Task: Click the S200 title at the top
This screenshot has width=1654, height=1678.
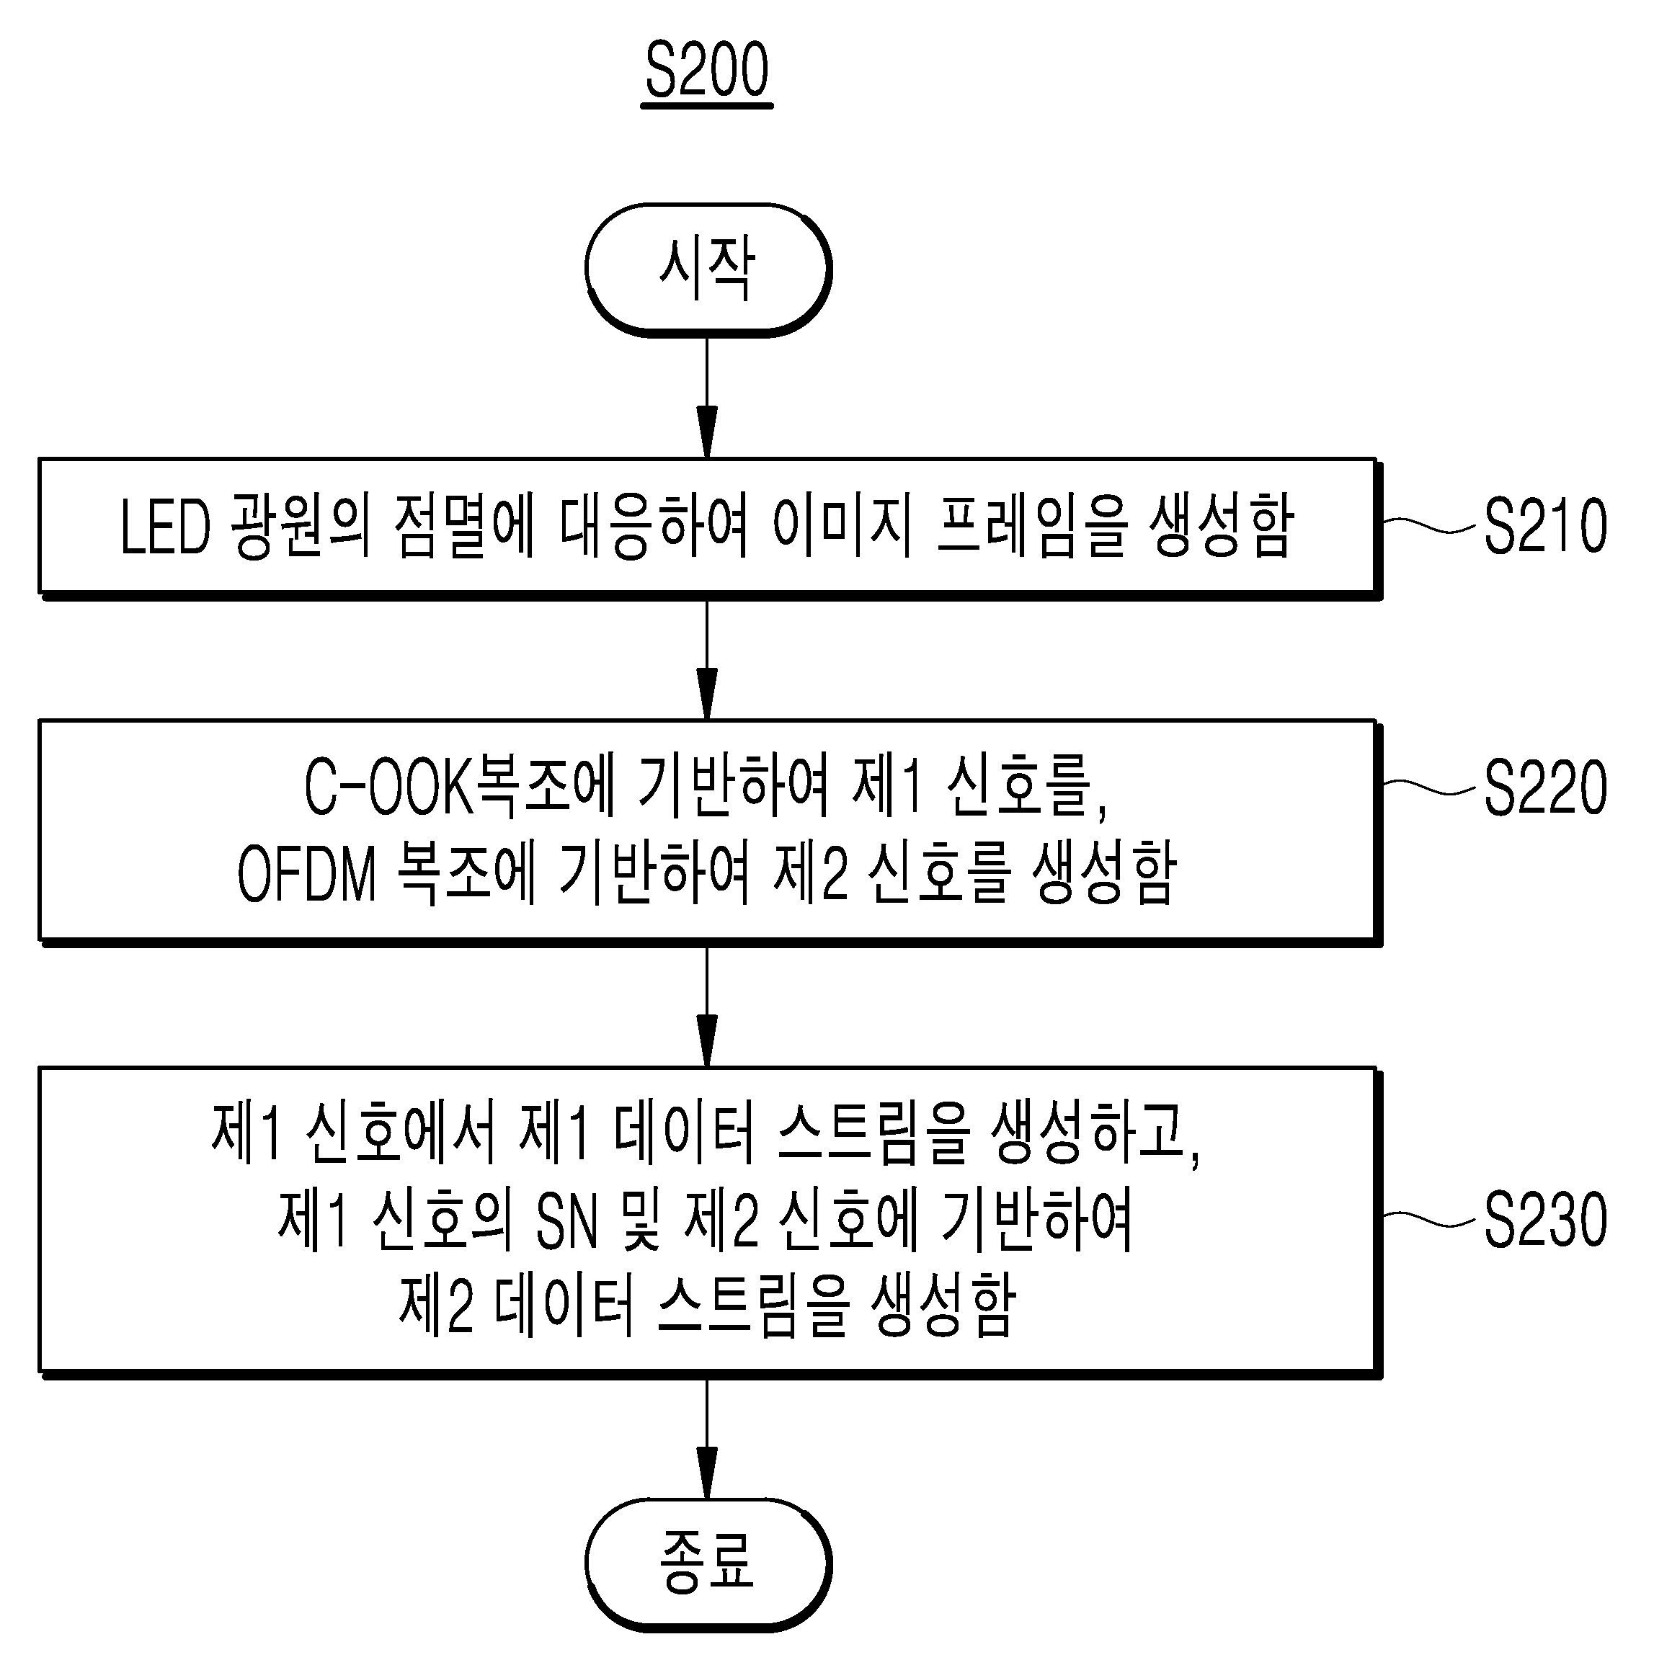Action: tap(707, 71)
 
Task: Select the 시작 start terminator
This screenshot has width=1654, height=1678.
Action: tap(708, 270)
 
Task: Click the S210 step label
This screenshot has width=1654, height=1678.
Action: tap(1545, 525)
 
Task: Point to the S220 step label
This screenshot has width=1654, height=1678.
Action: tap(1545, 787)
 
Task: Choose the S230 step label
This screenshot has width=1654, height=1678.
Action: tap(1545, 1220)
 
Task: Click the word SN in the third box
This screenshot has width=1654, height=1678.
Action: tap(567, 1221)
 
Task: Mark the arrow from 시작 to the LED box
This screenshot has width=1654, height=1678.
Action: tap(707, 398)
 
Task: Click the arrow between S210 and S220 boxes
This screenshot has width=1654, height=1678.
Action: tap(707, 660)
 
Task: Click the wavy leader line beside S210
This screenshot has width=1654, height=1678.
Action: tap(1429, 525)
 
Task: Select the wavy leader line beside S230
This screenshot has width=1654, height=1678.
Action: tap(1429, 1220)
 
